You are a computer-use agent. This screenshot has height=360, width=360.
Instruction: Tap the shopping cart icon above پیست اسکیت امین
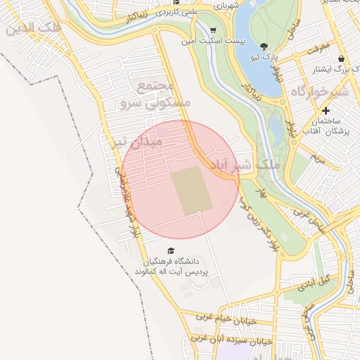(213, 30)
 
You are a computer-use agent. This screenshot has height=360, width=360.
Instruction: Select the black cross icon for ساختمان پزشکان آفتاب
(326, 110)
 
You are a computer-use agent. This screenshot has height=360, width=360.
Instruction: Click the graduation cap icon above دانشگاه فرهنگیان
(170, 250)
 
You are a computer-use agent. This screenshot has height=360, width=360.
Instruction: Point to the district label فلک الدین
(32, 29)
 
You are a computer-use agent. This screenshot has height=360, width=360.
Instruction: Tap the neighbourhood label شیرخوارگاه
(319, 91)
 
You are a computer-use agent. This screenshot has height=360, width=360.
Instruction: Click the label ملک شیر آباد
(238, 164)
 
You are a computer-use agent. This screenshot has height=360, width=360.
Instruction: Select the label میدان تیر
(138, 142)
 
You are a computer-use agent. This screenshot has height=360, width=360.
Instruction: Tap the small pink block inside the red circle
(162, 131)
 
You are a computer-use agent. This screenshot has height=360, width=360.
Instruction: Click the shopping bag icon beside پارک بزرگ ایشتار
(341, 58)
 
